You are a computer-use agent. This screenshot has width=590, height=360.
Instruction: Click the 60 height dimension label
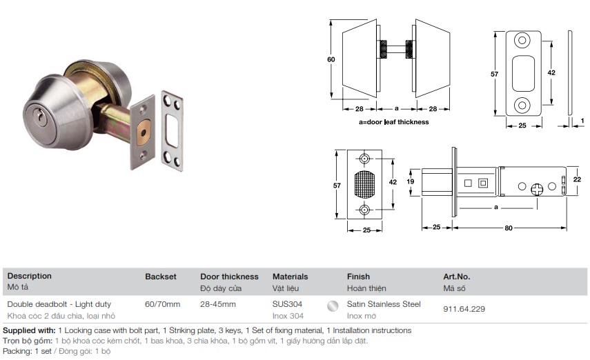click(x=331, y=59)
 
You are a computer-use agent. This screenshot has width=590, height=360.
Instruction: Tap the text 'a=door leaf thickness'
click(x=393, y=122)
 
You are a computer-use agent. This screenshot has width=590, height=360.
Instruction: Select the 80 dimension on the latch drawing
click(x=509, y=228)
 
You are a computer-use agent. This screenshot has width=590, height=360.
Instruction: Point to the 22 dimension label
click(x=577, y=179)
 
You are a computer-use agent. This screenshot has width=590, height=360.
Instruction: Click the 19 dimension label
click(x=410, y=181)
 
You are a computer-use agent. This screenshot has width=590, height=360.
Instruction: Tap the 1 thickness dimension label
click(x=582, y=121)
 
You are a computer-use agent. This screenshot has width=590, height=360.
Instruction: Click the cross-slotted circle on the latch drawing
click(x=537, y=189)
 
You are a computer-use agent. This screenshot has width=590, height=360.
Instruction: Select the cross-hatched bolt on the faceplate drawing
click(x=364, y=184)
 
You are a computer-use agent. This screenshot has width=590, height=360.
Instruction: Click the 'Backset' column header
click(x=161, y=277)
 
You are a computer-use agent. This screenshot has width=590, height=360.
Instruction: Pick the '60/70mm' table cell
click(x=163, y=304)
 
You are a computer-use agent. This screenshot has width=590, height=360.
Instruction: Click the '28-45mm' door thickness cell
click(x=218, y=304)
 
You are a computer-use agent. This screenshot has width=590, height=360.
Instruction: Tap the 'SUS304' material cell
click(x=287, y=304)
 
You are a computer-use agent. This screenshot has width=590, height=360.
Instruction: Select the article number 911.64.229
click(x=464, y=309)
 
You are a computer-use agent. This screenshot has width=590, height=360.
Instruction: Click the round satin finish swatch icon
click(x=333, y=306)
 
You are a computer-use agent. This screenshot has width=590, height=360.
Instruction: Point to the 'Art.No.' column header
click(x=456, y=277)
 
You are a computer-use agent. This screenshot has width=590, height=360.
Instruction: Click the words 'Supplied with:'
click(x=29, y=330)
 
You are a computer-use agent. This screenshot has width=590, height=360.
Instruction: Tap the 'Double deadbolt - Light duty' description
click(x=59, y=304)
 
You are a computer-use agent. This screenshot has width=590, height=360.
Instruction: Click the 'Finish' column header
click(x=358, y=277)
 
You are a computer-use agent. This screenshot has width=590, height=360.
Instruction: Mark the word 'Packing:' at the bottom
click(x=17, y=351)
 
